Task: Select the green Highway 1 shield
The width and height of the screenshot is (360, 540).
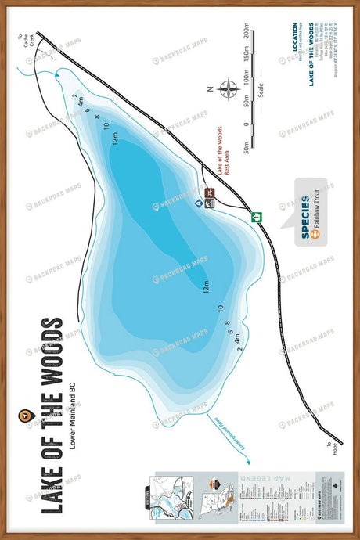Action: (256, 217)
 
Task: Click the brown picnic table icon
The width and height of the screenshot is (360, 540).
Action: (210, 193)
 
